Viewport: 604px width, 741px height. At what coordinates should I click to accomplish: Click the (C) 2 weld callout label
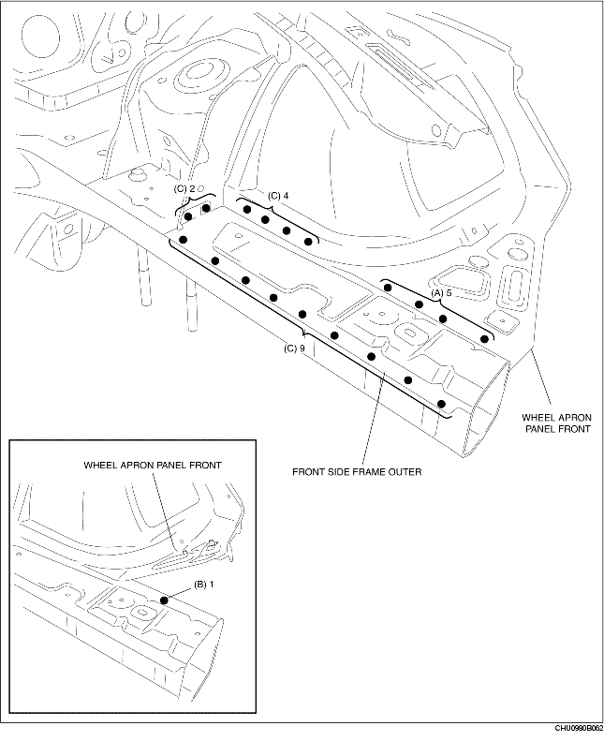click(x=185, y=188)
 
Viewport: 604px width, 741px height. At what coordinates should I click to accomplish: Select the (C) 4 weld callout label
click(x=278, y=196)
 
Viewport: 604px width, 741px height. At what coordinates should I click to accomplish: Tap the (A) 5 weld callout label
click(x=442, y=293)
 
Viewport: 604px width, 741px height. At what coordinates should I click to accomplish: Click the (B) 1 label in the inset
click(x=204, y=585)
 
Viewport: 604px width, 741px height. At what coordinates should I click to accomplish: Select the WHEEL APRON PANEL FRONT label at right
click(x=556, y=422)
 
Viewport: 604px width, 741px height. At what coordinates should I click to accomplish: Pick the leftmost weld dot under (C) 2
click(x=189, y=216)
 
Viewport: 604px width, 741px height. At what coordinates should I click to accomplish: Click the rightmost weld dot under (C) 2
click(x=206, y=209)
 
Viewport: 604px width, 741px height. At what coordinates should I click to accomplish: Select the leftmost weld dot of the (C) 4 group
click(x=247, y=210)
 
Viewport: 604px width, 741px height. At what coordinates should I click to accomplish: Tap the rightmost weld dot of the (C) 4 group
click(x=308, y=241)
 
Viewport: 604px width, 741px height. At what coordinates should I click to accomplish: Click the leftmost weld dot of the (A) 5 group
click(x=386, y=288)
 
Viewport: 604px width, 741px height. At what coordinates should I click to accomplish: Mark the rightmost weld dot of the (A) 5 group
click(x=484, y=337)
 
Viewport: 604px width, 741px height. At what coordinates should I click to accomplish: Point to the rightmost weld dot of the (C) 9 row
click(x=442, y=404)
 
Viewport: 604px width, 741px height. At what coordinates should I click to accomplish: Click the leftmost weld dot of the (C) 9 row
click(x=184, y=240)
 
